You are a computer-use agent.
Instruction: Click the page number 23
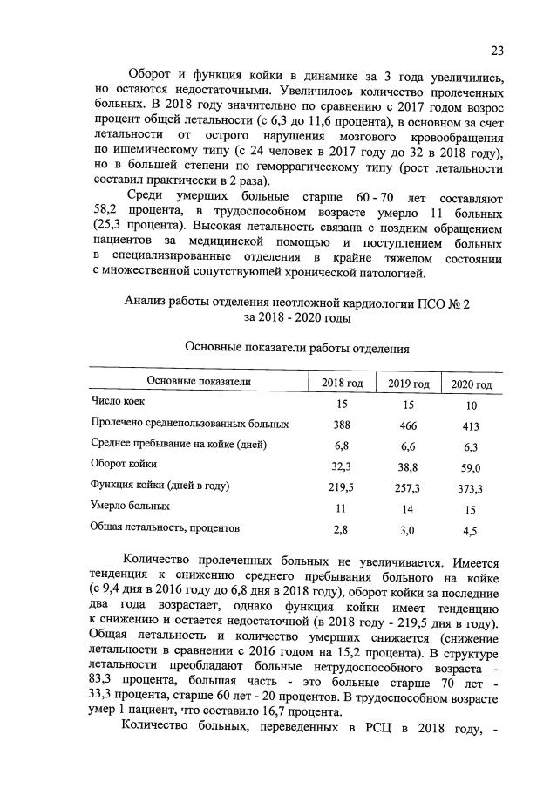pyautogui.click(x=497, y=49)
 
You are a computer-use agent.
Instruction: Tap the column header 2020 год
pyautogui.click(x=471, y=385)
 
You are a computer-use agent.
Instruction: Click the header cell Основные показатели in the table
pyautogui.click(x=198, y=382)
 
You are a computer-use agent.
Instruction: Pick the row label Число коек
pyautogui.click(x=119, y=402)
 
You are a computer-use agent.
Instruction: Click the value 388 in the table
pyautogui.click(x=342, y=425)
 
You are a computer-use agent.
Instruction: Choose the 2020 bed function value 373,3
pyautogui.click(x=470, y=489)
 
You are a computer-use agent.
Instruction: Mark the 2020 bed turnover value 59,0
pyautogui.click(x=470, y=468)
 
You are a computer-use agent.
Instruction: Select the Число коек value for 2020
pyautogui.click(x=470, y=405)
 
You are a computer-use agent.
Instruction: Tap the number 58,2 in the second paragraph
pyautogui.click(x=109, y=213)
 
